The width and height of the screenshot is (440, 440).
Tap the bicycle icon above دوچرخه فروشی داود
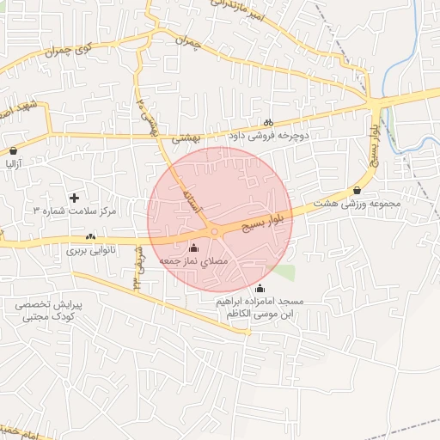(x=268, y=122)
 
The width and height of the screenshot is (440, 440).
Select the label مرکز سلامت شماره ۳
(x=74, y=211)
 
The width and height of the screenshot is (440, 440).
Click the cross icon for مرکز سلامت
(x=74, y=198)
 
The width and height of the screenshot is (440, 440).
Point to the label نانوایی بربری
(x=91, y=251)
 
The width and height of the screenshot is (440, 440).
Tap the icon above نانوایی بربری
(x=90, y=237)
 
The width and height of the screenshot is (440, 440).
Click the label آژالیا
(x=15, y=162)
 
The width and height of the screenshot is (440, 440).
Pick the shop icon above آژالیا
(x=12, y=150)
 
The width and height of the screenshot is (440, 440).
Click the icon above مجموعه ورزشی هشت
(x=357, y=191)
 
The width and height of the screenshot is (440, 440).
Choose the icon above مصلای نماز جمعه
(x=192, y=247)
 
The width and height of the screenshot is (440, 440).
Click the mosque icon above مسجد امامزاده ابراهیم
(x=260, y=288)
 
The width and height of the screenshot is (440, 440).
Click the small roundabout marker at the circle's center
(x=214, y=231)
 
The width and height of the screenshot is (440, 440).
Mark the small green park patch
(x=284, y=272)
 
